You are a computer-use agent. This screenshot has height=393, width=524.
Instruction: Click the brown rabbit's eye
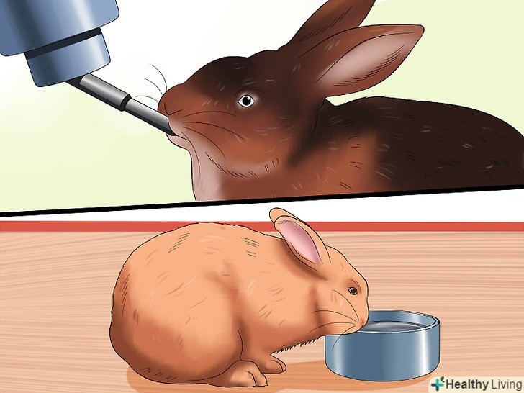(x=246, y=100)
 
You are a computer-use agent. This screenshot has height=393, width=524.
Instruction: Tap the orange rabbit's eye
(x=353, y=290)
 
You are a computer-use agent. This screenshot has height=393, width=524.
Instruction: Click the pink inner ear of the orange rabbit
(x=299, y=239)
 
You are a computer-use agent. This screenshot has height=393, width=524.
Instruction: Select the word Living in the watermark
(x=505, y=384)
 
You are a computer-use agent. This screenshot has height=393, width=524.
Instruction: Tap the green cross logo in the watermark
(x=438, y=384)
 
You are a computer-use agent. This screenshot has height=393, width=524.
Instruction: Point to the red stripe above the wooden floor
(x=262, y=227)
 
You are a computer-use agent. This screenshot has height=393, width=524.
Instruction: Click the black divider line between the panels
(x=262, y=200)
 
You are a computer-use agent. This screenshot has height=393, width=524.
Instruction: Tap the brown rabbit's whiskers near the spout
(x=154, y=83)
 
